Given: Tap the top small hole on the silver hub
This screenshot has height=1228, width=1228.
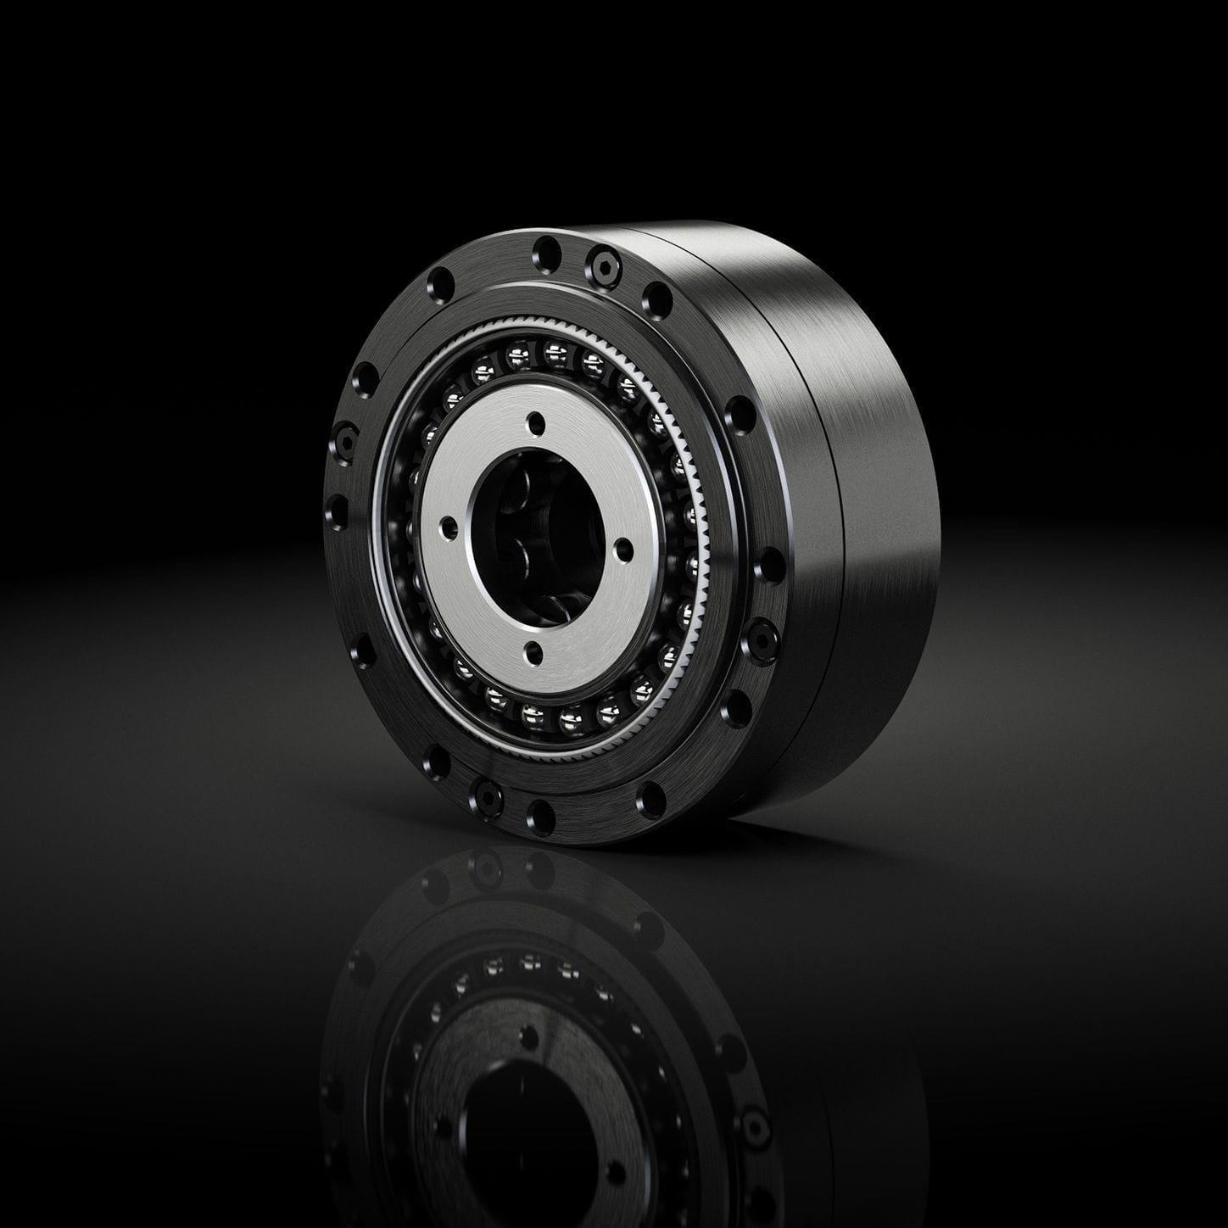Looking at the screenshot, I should (x=535, y=421).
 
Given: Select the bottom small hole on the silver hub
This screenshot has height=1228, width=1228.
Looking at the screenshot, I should (x=533, y=651).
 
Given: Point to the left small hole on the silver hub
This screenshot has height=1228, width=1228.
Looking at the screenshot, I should (x=449, y=528).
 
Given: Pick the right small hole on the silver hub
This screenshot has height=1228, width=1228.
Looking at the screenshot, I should (x=623, y=550).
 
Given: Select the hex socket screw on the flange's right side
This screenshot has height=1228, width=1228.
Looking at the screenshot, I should (x=760, y=639).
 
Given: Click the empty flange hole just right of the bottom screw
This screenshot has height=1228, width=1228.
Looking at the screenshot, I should (x=540, y=816).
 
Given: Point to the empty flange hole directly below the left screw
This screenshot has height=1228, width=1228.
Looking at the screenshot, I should (x=338, y=511).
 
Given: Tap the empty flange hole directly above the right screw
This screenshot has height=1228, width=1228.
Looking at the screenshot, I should (x=769, y=564).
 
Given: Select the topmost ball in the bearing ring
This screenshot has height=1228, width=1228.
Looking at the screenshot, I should (x=555, y=349).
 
